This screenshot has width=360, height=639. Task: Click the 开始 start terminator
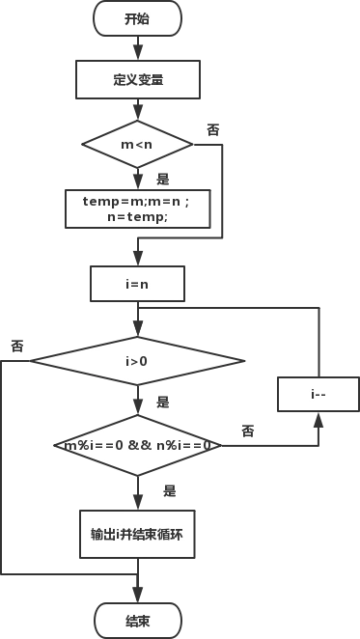[x=137, y=18]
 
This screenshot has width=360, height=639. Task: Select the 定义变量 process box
[x=137, y=79]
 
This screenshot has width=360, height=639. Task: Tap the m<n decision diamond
[x=137, y=145]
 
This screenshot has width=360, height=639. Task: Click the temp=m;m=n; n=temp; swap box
[x=137, y=208]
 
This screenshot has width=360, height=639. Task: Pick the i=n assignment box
[x=137, y=284]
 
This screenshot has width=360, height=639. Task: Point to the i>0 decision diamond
[x=137, y=361]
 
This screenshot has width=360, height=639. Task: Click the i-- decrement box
[x=318, y=394]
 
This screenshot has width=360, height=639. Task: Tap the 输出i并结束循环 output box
[x=137, y=534]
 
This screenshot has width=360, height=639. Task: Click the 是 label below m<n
[x=161, y=179]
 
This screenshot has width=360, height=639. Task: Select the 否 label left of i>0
[x=16, y=346]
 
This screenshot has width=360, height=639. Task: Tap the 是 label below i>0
[x=161, y=401]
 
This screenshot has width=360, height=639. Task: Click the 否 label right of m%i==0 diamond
[x=247, y=431]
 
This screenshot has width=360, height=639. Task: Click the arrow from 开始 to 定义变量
[x=137, y=46]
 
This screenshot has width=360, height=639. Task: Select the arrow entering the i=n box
[x=137, y=255]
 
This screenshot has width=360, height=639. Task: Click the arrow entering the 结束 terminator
[x=137, y=591]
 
